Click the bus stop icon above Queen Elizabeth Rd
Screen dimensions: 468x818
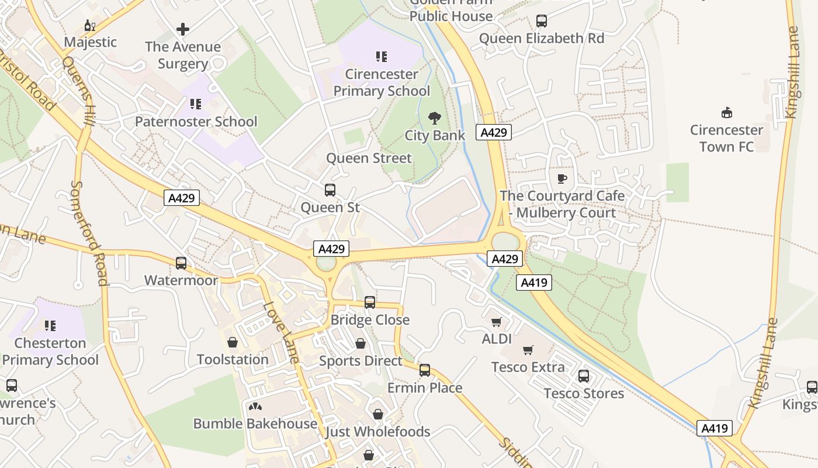(x=542, y=21)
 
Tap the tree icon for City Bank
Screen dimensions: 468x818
(x=434, y=118)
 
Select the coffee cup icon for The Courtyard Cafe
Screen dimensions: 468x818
(x=562, y=178)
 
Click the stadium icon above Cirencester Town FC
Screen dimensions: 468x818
(x=727, y=112)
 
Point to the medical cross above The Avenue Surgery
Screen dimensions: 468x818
(x=183, y=29)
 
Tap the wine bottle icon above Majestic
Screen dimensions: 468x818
(x=90, y=25)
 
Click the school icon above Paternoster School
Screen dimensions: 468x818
(x=196, y=104)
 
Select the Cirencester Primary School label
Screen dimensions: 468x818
(x=382, y=82)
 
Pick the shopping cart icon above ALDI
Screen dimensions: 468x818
(x=497, y=322)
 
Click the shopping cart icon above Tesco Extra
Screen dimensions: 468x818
(x=528, y=350)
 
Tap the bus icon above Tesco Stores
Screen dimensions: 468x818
(x=584, y=376)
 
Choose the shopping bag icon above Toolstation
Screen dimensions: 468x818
(x=233, y=342)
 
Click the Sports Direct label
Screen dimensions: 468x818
(x=361, y=361)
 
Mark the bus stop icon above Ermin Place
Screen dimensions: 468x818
(x=425, y=370)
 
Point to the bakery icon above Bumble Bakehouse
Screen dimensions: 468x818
(x=255, y=406)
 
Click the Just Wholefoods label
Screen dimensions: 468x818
(x=377, y=432)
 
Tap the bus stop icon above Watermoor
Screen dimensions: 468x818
(x=181, y=263)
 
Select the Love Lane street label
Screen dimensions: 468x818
(x=281, y=332)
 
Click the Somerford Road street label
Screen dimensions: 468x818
(x=89, y=233)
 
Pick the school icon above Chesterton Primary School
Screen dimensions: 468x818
(x=50, y=325)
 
